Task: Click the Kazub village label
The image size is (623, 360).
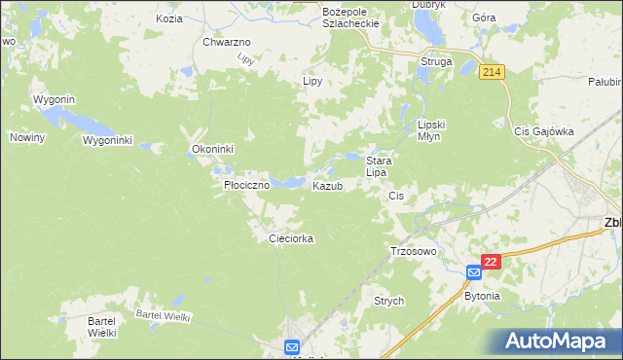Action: tap(327, 186)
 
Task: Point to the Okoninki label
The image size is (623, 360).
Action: tap(209, 150)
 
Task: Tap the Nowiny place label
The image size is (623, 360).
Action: tap(28, 137)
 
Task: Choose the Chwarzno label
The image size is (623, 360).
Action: tap(227, 43)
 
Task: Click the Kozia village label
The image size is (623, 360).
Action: tap(167, 18)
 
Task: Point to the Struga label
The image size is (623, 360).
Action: tap(436, 61)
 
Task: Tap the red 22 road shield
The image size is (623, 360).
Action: tap(491, 263)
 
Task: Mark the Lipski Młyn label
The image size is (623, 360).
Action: tap(430, 130)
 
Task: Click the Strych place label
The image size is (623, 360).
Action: tap(389, 302)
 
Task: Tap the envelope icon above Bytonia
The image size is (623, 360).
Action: tap(473, 273)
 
